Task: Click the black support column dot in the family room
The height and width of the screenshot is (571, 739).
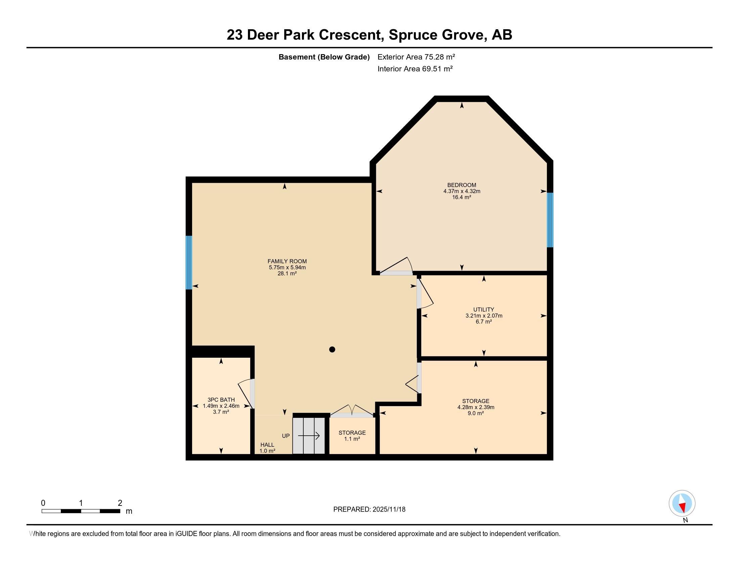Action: tap(332, 349)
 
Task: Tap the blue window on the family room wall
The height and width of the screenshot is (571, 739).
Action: tap(189, 263)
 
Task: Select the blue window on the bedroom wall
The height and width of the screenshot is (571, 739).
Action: tap(550, 220)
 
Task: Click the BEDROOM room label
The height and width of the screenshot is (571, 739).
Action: tap(462, 185)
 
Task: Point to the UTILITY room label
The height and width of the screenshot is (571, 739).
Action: tap(483, 310)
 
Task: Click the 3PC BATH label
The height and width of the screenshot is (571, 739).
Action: tap(221, 400)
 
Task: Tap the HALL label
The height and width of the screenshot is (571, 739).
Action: tap(267, 445)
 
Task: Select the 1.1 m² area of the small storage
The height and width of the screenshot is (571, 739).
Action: tap(352, 439)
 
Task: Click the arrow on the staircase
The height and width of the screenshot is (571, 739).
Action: tap(309, 436)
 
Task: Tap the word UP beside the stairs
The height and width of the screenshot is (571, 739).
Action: tap(286, 436)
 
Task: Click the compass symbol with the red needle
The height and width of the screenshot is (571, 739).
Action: tap(682, 503)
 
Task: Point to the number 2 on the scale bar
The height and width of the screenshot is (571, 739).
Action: tap(120, 503)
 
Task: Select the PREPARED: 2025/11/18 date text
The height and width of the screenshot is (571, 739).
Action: tap(369, 510)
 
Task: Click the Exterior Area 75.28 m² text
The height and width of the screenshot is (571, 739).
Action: tap(416, 57)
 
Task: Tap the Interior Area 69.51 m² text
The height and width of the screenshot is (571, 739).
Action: tap(415, 69)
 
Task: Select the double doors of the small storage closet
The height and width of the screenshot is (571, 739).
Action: tap(352, 411)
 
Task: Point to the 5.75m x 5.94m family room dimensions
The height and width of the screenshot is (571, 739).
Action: tap(287, 267)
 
